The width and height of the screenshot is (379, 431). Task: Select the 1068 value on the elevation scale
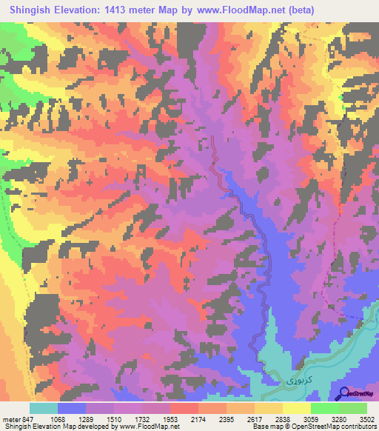coord(68,418)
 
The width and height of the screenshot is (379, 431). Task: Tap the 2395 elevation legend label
coord(236,418)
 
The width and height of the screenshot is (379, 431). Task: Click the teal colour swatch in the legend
coord(43,408)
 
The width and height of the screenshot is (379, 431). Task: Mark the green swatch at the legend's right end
coord(352,408)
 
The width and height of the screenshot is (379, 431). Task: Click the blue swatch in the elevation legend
coord(72,408)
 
